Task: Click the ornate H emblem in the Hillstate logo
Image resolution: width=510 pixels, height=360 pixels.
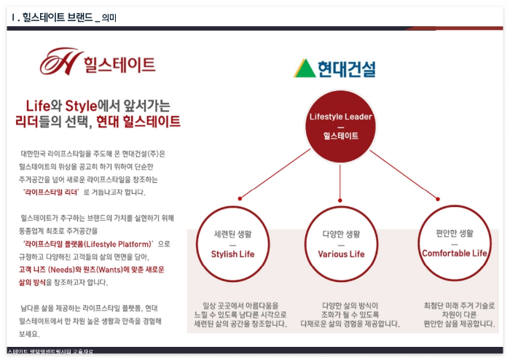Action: pos(59,63)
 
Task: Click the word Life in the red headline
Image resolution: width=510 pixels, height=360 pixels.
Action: pos(38,104)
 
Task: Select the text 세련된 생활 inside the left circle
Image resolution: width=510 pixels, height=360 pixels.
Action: pos(232,234)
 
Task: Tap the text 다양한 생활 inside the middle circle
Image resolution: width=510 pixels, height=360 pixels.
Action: pos(340,234)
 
